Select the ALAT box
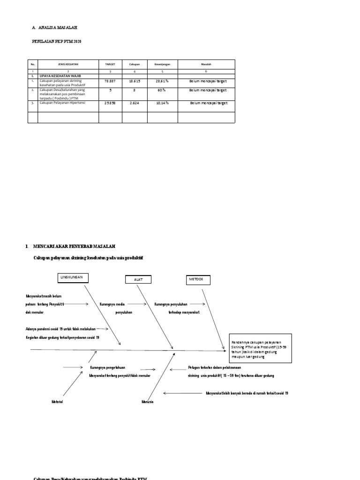pyautogui.click(x=138, y=279)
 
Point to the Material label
pyautogui.click(x=57, y=402)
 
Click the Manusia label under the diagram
pyautogui.click(x=147, y=402)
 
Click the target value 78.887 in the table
pyautogui.click(x=110, y=81)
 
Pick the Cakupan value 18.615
pyautogui.click(x=135, y=81)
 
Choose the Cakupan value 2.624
pyautogui.click(x=135, y=103)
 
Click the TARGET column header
pyautogui.click(x=110, y=64)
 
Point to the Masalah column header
pyautogui.click(x=206, y=64)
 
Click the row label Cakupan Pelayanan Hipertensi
pyautogui.click(x=66, y=103)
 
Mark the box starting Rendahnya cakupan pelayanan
pyautogui.click(x=260, y=349)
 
